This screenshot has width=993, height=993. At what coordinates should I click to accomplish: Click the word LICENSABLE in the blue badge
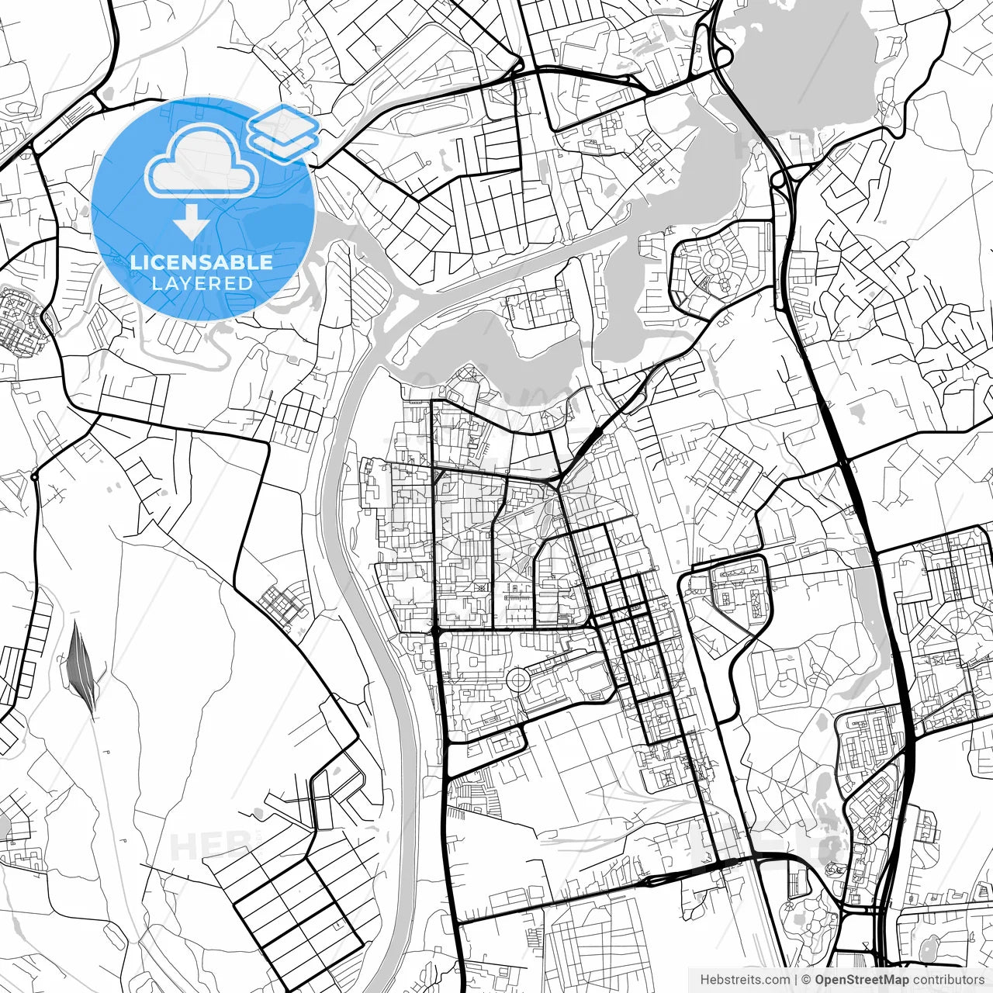pos(202,262)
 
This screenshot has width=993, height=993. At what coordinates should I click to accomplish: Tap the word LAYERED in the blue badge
pos(202,283)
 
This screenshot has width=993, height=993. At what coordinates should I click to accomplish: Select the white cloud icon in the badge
pos(202,161)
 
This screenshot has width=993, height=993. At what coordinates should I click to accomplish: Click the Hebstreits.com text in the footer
pos(745,980)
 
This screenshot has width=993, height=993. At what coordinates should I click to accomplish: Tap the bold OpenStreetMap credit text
pos(861,980)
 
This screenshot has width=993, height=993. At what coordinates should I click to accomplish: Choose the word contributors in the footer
pos(948,980)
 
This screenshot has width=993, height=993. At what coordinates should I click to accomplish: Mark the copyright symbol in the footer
pos(806,980)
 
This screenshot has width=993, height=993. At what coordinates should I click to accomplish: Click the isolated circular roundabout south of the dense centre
pos(517,680)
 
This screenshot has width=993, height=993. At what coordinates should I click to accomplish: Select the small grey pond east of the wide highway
pos(856,409)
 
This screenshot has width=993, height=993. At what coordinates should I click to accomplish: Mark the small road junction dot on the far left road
pos(35,476)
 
